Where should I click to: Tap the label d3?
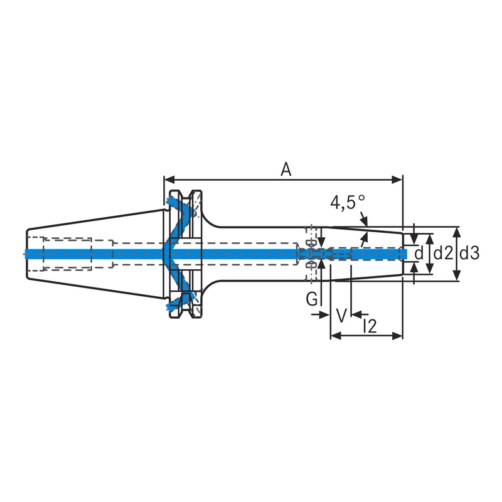click(x=469, y=254)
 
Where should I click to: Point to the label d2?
click(x=443, y=254)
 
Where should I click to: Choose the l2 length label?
click(x=369, y=326)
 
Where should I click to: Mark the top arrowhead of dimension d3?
click(x=457, y=231)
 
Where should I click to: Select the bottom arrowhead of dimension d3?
click(x=457, y=276)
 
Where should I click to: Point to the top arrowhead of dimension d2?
click(x=430, y=237)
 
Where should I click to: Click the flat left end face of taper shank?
click(x=27, y=254)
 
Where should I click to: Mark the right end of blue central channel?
click(x=405, y=254)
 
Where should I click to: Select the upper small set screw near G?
click(x=309, y=242)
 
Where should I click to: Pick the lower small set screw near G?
click(x=309, y=266)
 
